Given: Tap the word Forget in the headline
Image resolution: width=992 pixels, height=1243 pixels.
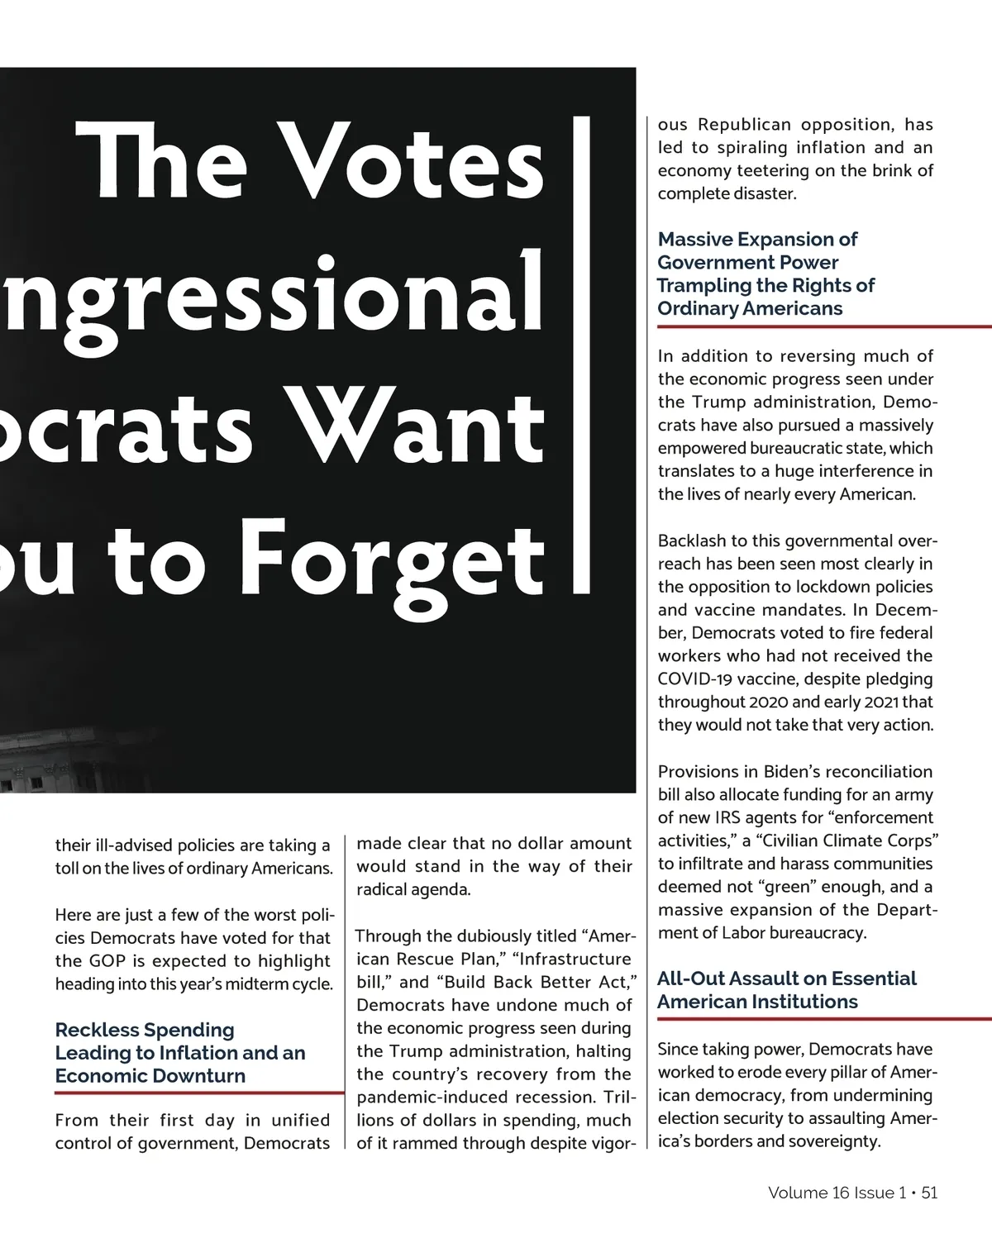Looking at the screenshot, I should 397,559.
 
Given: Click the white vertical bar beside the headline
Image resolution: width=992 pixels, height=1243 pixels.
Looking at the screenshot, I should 581,355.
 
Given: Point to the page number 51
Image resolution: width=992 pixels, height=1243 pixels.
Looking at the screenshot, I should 929,1193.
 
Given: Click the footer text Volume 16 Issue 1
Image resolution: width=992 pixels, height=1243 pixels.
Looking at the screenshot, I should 837,1193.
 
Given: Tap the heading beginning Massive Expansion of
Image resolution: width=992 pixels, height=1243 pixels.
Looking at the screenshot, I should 765,274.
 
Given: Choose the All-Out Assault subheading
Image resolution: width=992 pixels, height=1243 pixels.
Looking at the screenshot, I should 786,990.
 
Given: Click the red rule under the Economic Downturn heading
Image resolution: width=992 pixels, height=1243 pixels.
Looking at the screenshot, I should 198,1093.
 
